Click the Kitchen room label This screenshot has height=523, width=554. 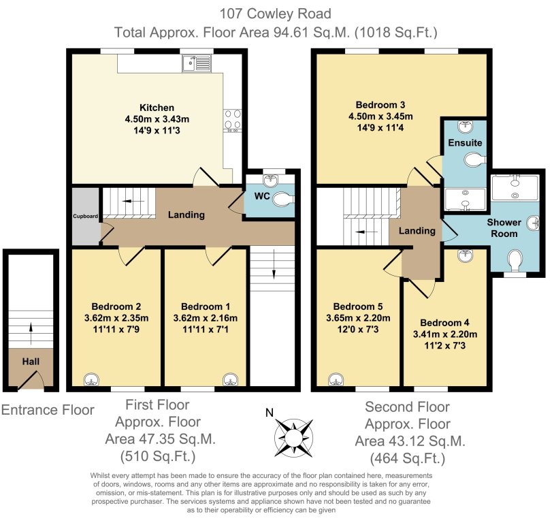point(157,108)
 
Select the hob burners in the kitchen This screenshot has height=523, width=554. point(231,120)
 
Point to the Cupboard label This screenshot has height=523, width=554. point(86,216)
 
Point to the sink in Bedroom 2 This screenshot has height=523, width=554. point(91,380)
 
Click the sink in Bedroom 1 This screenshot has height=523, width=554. point(231,380)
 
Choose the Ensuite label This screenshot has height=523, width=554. point(465,143)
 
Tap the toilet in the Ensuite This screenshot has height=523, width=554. point(474,159)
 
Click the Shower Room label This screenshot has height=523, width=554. point(504,227)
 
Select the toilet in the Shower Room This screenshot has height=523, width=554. point(516,259)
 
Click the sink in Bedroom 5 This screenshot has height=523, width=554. point(334,380)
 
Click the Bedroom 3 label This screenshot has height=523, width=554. point(380,105)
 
